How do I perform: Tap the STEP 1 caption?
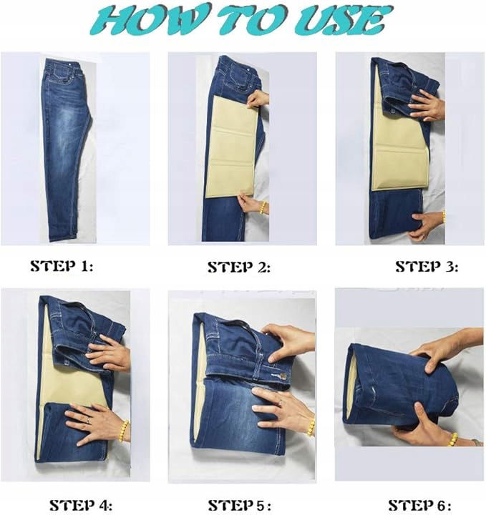[62, 265]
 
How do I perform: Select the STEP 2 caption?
[239, 267]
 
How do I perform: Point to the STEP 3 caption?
[427, 266]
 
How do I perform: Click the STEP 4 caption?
[81, 505]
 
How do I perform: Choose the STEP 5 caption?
[240, 505]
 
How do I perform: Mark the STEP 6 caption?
[419, 505]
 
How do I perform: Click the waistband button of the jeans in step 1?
[71, 64]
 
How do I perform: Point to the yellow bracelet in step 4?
[124, 431]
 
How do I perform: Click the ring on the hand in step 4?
[88, 421]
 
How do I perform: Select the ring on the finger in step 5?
[280, 403]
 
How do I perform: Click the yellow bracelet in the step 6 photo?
[453, 439]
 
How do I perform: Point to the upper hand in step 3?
[427, 105]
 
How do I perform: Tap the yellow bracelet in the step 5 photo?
[311, 427]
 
